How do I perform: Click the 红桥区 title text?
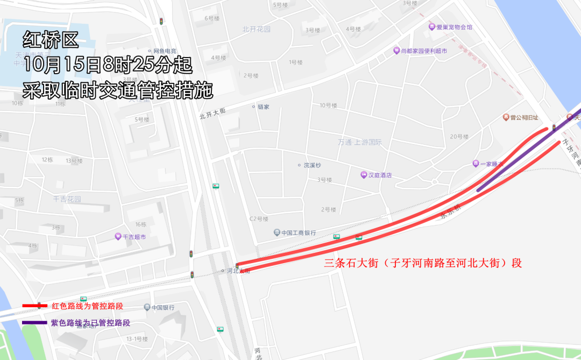coord(51,39)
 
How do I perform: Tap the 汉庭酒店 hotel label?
coord(379,175)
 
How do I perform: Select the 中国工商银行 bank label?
coord(298,233)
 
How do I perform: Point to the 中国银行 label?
coord(162,307)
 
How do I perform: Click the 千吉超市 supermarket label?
coord(134,237)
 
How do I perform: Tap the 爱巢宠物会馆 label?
coord(454,26)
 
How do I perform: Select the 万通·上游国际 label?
coord(360,143)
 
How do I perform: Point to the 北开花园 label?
coord(256,29)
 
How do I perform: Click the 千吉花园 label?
coord(67,199)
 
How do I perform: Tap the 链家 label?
coord(263,107)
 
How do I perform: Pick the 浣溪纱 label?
coord(312,165)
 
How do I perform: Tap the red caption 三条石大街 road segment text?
coord(423,264)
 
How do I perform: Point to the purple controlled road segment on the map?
coord(516,156)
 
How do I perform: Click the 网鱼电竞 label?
coord(165,51)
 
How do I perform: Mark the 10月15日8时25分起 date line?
coord(108,65)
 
